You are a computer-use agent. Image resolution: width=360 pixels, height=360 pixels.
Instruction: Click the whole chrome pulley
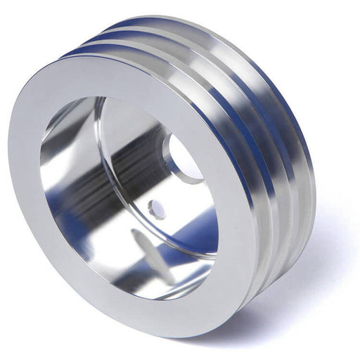point(162,183)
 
